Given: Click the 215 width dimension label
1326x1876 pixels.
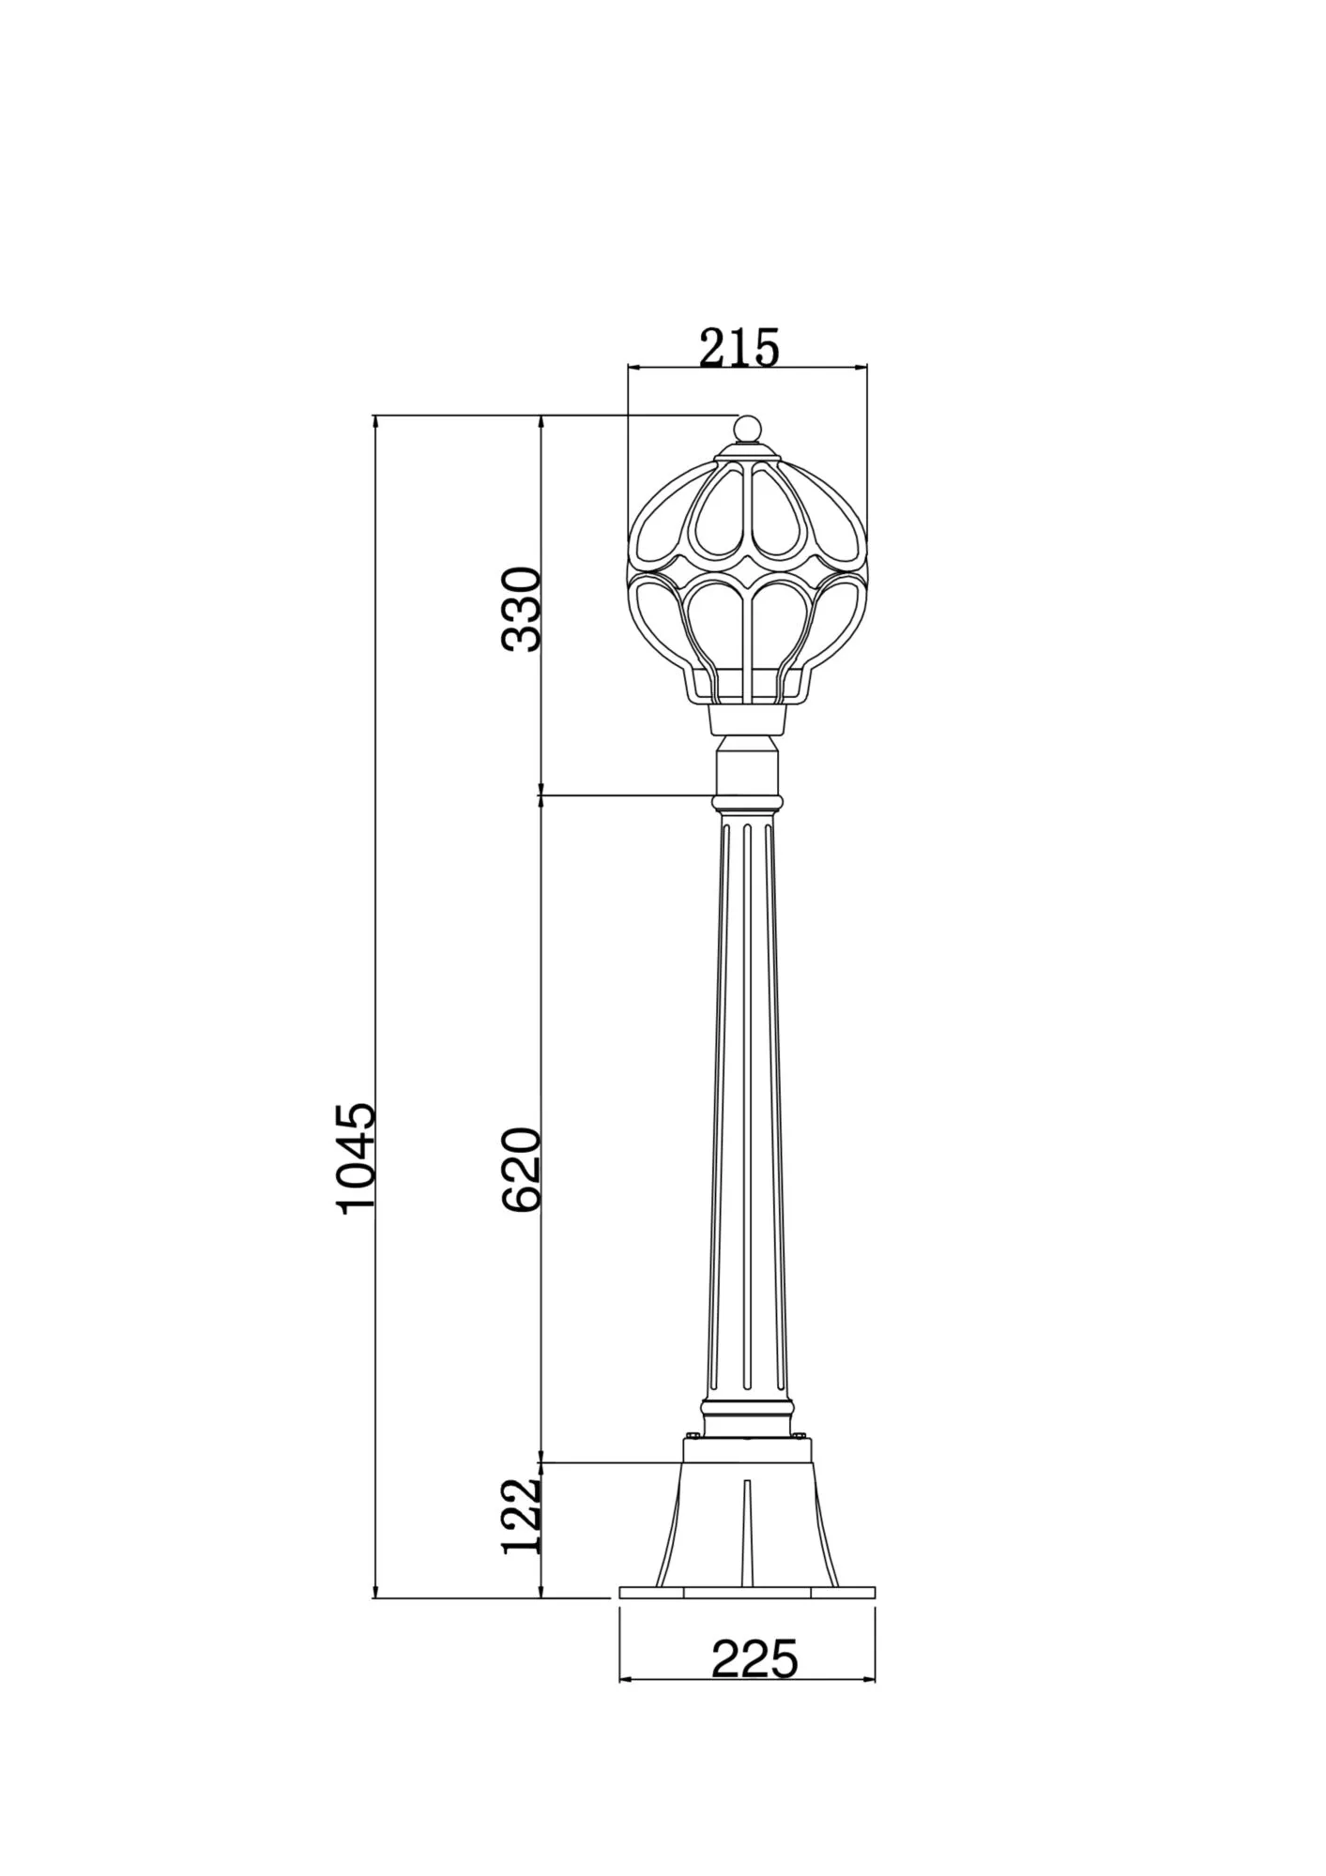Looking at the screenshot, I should (739, 348).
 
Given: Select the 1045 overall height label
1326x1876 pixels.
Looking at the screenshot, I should (358, 1158).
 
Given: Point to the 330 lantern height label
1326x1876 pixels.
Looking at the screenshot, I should (522, 609).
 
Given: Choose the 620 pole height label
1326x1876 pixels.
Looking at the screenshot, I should (522, 1170).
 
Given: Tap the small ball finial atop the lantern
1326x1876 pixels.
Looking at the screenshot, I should (747, 429).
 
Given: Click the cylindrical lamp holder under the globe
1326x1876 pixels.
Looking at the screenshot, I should (747, 719).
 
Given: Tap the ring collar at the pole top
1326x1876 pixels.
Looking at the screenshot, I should (747, 803).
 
